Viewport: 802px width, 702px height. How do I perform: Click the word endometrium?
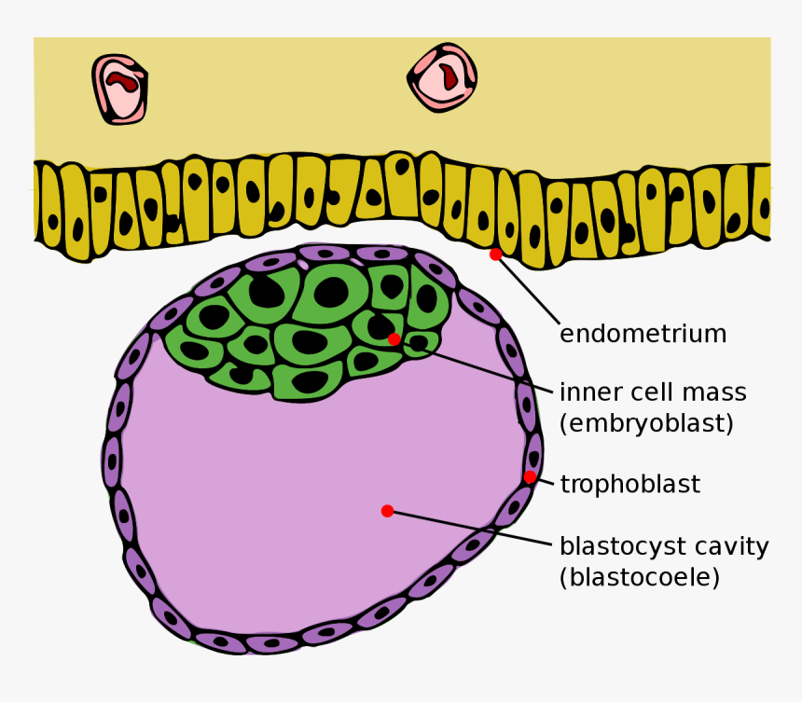[x=643, y=334]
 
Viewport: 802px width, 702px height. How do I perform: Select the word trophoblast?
[x=629, y=484]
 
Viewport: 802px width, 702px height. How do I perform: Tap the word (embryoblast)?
[x=646, y=422]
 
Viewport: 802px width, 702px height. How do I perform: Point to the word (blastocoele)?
[x=640, y=577]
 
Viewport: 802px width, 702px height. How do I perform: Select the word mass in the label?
[x=713, y=392]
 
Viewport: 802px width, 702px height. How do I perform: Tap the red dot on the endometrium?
[x=495, y=254]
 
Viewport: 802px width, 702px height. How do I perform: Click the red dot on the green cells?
[x=394, y=338]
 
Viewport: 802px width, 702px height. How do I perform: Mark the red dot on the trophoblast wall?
[x=530, y=477]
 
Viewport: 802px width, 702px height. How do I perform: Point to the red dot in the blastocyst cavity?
[x=387, y=510]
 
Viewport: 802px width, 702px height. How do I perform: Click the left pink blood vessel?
[x=119, y=89]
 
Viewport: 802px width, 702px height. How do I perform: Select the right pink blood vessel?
[x=442, y=77]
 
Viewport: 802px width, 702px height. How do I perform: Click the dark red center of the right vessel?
[x=449, y=74]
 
